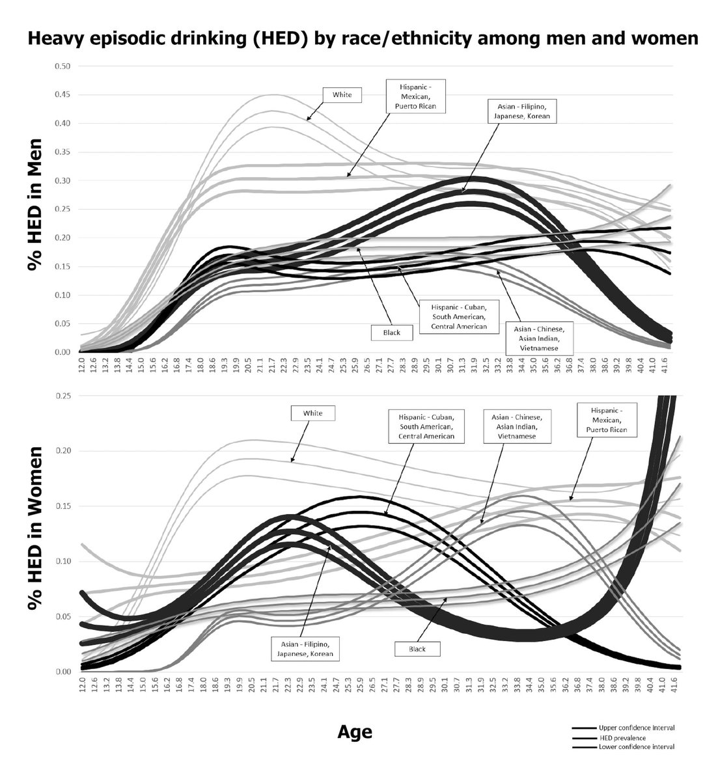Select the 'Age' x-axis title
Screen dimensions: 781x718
coord(355,732)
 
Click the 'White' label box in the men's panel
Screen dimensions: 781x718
coord(342,95)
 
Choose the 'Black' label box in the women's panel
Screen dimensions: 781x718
coord(417,649)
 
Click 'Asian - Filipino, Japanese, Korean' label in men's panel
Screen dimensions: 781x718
coord(521,111)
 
